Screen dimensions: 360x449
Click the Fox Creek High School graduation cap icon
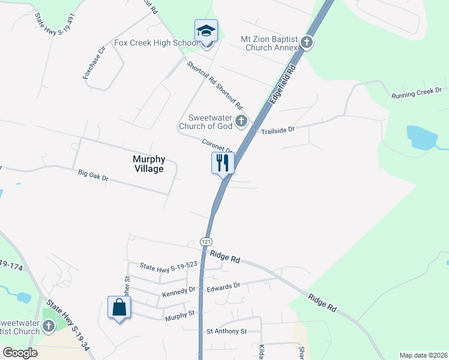pos(206,31)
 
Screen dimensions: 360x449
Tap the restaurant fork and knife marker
pos(223,163)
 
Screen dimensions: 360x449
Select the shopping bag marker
pos(119,308)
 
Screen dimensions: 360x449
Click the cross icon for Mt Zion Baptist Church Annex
pos(307,43)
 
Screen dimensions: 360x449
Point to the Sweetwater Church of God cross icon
pos(241,122)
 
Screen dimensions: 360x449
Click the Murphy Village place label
pos(148,164)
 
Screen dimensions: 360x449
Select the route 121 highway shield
pos(206,241)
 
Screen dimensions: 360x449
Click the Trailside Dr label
pos(278,130)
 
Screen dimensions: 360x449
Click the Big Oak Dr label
pos(93,176)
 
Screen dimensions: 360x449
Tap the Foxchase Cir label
pos(94,63)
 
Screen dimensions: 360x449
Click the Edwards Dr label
pos(223,287)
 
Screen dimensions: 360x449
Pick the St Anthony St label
pos(226,331)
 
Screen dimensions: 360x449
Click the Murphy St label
pos(180,313)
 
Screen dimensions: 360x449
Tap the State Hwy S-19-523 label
pos(168,265)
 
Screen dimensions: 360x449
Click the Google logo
pos(20,353)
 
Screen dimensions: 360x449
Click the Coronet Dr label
pos(217,146)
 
